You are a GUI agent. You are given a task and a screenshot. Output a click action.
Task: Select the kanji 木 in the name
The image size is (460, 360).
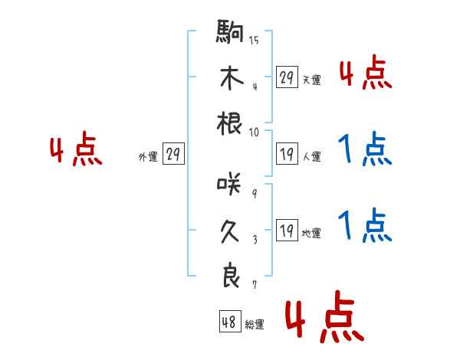click(x=230, y=79)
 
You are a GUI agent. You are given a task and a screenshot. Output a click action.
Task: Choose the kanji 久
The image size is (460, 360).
click(x=230, y=231)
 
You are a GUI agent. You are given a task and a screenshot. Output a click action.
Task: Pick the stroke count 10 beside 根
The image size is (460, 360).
click(x=254, y=133)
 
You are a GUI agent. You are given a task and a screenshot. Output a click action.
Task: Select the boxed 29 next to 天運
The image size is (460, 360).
click(x=287, y=77)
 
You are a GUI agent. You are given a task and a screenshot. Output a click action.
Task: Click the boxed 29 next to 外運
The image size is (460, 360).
click(x=173, y=154)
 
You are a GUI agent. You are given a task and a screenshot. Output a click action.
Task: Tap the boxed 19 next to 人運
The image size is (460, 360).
click(x=287, y=154)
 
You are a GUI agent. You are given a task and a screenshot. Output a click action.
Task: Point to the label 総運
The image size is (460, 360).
click(x=255, y=324)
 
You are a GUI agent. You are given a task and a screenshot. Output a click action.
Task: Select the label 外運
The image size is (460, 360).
click(x=147, y=156)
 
